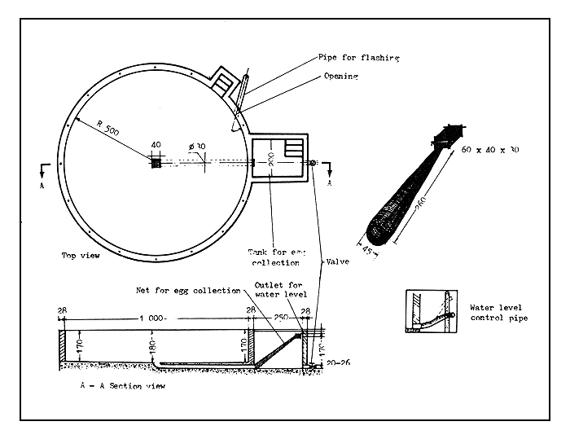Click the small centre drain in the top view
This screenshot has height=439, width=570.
(156, 162)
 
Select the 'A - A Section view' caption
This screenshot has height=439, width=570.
(123, 386)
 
